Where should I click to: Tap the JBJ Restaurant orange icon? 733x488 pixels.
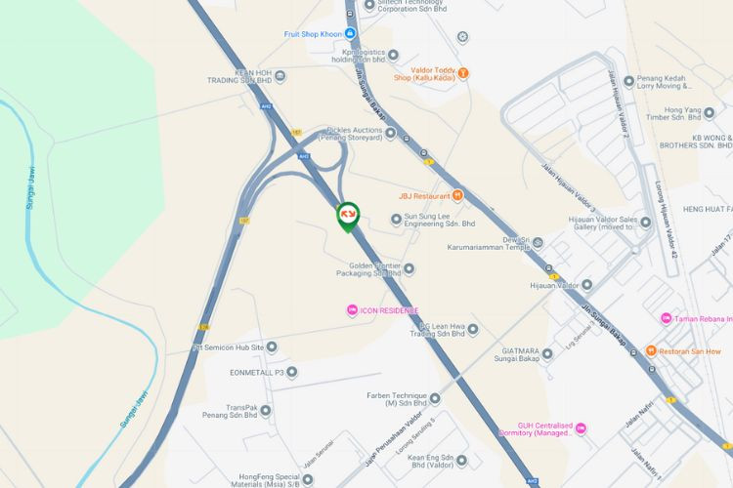[x=458, y=195]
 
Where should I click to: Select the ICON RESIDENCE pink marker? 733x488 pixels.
[x=352, y=310]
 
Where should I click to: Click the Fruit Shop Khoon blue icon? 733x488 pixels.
[x=349, y=33]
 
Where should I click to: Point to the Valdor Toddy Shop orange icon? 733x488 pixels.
[x=463, y=71]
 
